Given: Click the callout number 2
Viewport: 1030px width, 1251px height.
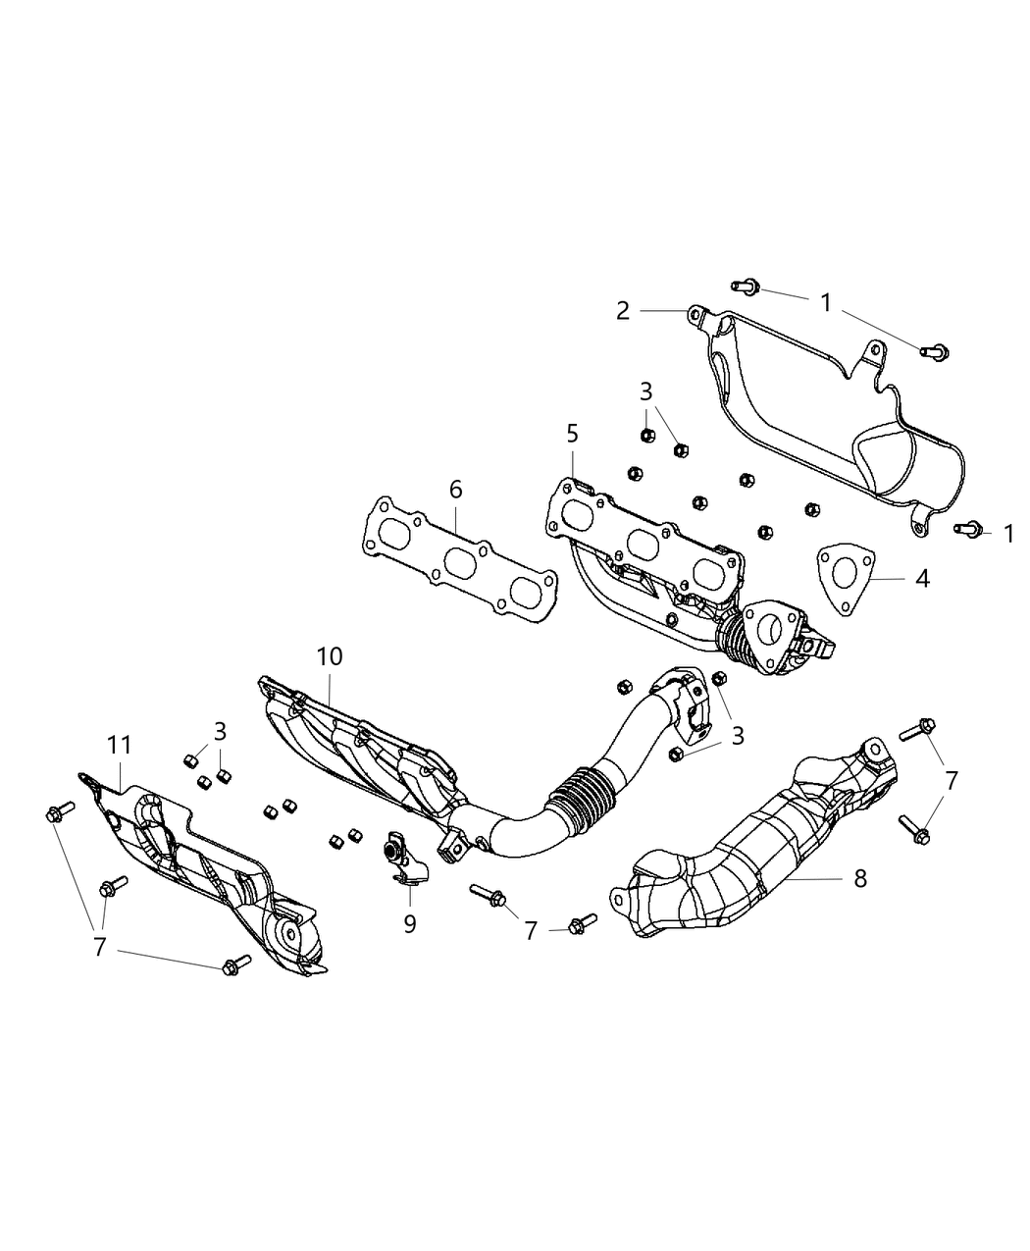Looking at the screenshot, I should point(623,311).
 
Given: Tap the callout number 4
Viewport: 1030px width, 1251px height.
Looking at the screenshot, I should point(921,579).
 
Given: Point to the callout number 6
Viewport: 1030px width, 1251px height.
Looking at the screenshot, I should point(456,490).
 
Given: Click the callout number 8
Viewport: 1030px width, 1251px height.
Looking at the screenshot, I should point(860,878).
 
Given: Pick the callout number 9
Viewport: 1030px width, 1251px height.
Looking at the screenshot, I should point(410,923).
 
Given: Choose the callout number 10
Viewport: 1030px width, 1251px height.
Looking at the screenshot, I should point(330,656).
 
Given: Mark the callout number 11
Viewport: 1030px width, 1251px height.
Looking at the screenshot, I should point(119,746).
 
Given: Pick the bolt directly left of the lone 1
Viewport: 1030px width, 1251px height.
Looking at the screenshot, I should point(965,529).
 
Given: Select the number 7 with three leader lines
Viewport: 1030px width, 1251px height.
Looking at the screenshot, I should point(99,948).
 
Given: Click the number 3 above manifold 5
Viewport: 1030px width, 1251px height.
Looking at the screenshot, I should point(645,391).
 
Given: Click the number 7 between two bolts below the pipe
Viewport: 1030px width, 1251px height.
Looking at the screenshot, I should point(531,930).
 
